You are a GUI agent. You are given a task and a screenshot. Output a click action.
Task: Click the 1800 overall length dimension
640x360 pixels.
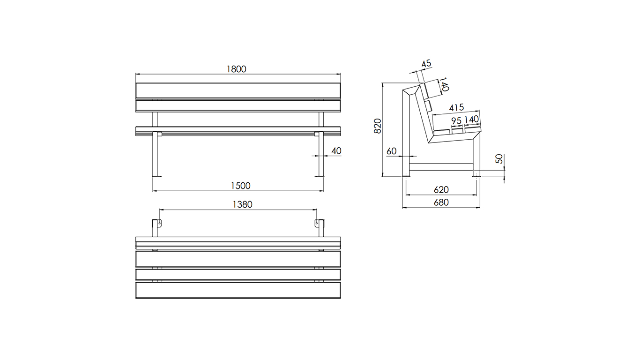[236, 69]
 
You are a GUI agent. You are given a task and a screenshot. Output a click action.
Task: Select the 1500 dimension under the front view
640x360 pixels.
[240, 186]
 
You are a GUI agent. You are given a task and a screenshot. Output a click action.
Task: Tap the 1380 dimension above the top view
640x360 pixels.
[243, 204]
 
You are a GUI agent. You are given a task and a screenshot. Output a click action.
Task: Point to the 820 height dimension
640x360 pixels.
[378, 126]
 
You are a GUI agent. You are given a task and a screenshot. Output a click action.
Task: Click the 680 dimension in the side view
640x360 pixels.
[441, 202]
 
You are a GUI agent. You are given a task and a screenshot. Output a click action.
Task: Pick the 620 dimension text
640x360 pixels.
[441, 189]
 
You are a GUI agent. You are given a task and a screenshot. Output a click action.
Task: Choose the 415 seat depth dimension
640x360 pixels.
[456, 108]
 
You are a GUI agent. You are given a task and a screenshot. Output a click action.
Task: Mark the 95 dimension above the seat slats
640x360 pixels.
[456, 120]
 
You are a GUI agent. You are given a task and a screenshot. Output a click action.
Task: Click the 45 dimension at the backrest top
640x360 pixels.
[426, 63]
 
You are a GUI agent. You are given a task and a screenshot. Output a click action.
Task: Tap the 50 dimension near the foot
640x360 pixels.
[499, 159]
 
